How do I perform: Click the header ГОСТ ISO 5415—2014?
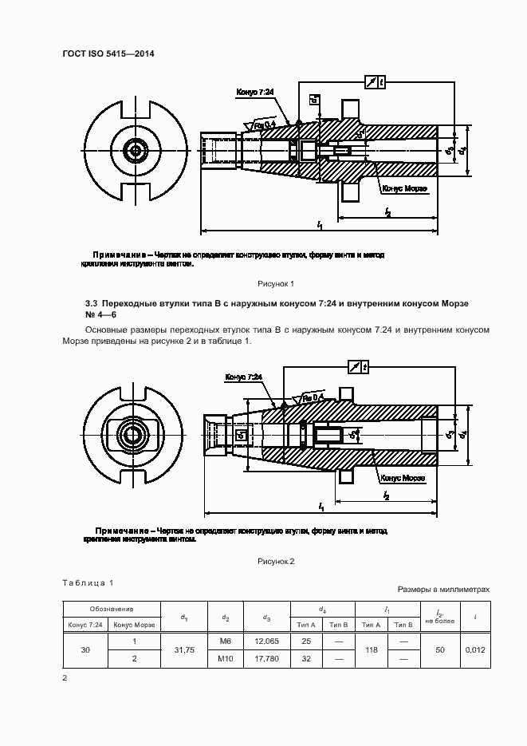coord(108,53)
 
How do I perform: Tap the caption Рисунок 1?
coord(276,283)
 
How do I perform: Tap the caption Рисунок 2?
coord(276,562)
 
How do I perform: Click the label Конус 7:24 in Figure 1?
coord(255,93)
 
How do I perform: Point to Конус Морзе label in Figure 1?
coord(404,189)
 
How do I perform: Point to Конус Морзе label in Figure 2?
coord(403,478)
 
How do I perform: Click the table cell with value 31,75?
coord(184,650)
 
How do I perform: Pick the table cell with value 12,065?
coord(267,641)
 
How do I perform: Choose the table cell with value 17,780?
coord(267,660)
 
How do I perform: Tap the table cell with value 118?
coord(371,650)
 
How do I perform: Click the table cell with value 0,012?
coord(475,650)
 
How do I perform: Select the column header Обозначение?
coord(112,608)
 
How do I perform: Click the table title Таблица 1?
coord(88,583)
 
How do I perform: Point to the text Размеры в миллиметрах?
coord(443,589)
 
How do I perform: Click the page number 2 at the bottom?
coord(65,678)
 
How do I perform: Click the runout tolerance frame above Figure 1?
coord(373,82)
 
